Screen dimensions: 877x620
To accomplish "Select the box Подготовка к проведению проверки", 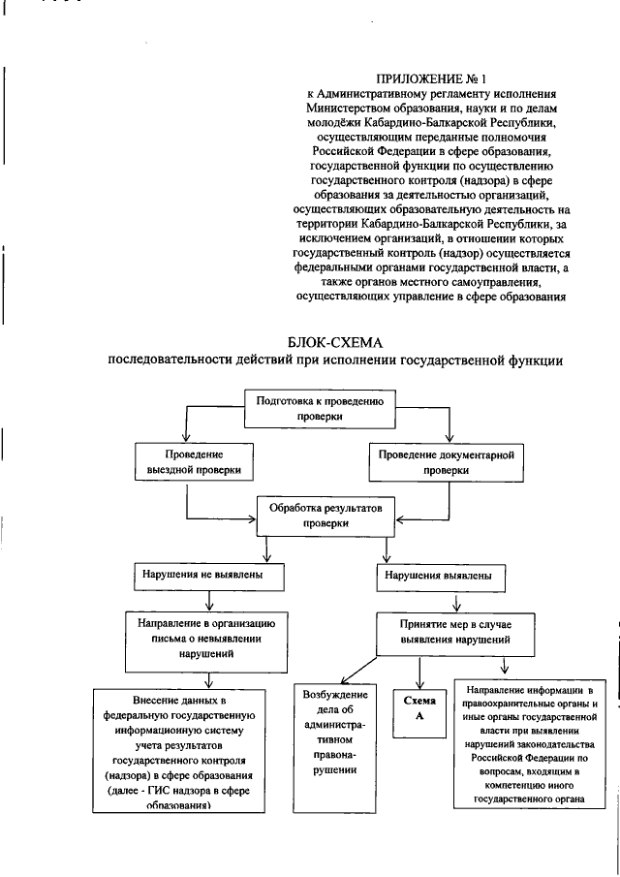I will [321, 410].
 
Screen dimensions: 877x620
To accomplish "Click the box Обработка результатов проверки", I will [319, 515].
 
